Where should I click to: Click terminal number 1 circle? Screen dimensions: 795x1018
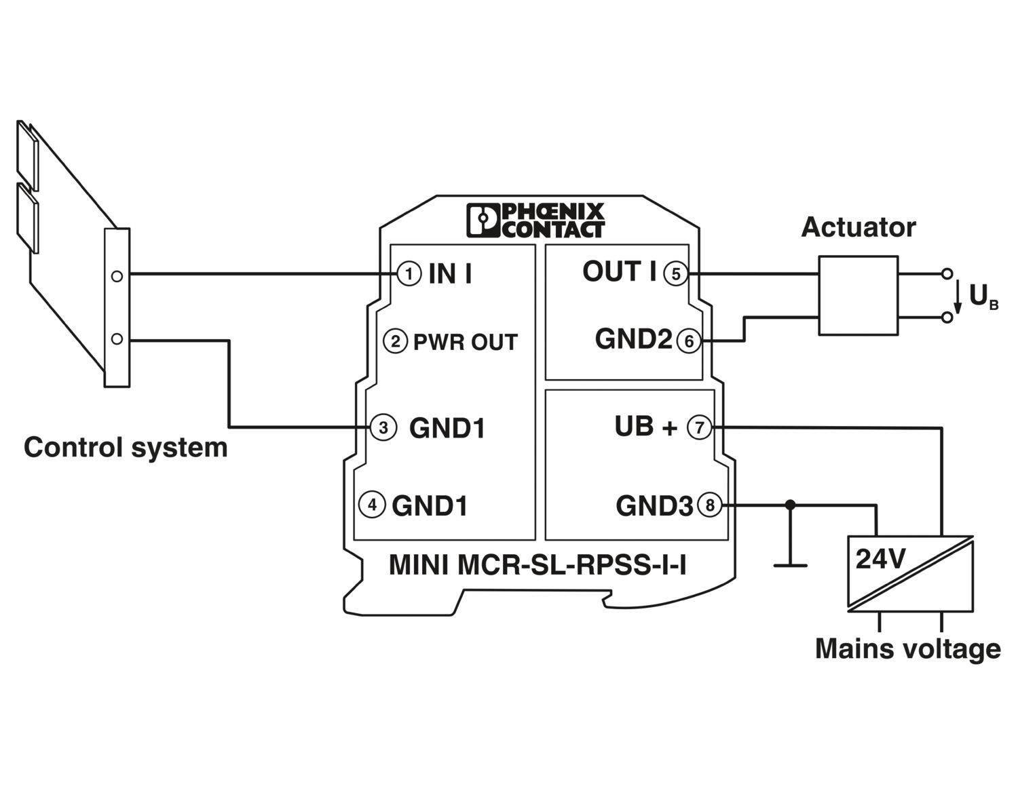[x=409, y=274]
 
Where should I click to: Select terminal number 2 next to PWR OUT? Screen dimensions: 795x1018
[x=396, y=341]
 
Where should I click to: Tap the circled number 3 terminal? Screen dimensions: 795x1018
[x=383, y=427]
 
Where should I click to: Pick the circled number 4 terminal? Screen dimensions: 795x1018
[x=372, y=505]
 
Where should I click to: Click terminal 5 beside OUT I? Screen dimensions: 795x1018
[x=676, y=274]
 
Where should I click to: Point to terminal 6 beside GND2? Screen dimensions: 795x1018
[x=689, y=341]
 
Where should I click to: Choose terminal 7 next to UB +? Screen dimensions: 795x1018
[x=700, y=427]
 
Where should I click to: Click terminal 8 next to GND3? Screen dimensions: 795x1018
[x=710, y=505]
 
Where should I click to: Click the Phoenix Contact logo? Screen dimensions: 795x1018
[x=535, y=220]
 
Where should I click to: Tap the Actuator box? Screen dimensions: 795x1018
[x=858, y=295]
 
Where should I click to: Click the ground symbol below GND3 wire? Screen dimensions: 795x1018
[x=790, y=564]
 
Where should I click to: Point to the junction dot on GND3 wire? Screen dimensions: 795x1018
[x=790, y=505]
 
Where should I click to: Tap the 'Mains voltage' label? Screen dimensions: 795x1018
[x=907, y=648]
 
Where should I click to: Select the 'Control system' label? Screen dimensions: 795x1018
[x=126, y=448]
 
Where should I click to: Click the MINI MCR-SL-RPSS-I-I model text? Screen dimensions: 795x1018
[x=537, y=564]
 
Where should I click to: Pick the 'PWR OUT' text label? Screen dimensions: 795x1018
[x=466, y=342]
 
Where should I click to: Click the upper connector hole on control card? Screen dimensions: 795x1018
[x=117, y=276]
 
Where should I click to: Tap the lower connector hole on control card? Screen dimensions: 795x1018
[x=117, y=338]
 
